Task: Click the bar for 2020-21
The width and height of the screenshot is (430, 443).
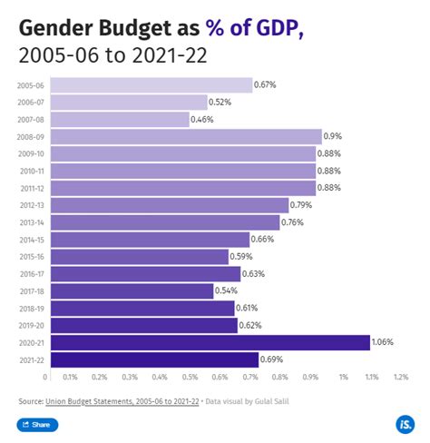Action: click(207, 342)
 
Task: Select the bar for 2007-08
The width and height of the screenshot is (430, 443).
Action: click(117, 120)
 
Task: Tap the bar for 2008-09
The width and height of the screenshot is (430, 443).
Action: click(182, 137)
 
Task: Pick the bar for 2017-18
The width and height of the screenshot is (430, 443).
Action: click(129, 291)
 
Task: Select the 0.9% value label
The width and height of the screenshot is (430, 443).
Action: click(333, 137)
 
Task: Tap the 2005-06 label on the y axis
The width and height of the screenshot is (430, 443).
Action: click(28, 85)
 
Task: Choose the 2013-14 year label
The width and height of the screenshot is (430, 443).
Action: click(28, 222)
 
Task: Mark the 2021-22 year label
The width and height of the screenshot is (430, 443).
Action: click(28, 359)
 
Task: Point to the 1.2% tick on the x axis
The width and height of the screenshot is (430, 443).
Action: click(401, 377)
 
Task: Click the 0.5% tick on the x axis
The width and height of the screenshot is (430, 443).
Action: click(191, 377)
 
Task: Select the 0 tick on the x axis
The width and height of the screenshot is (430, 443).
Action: click(44, 377)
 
